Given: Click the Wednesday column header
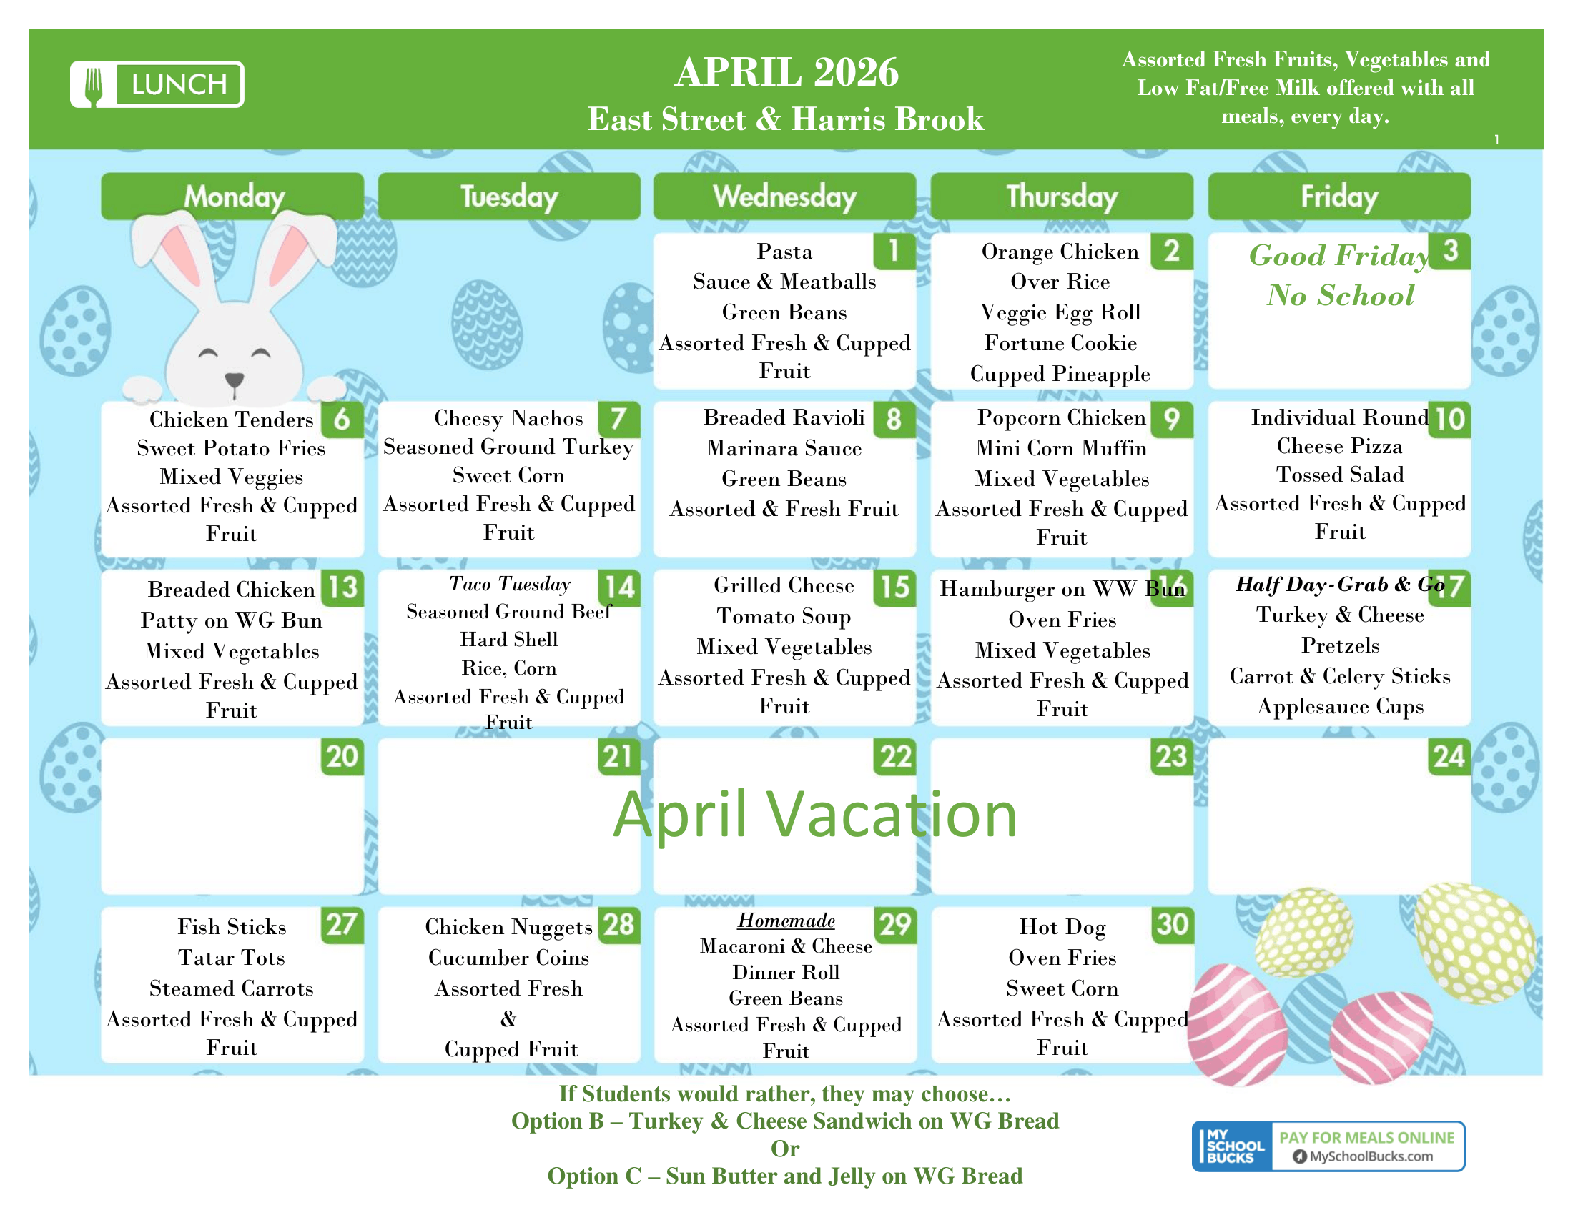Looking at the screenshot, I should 784,196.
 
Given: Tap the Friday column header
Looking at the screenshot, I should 1339,196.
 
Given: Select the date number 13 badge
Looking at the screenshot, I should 342,587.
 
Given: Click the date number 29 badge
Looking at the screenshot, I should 895,924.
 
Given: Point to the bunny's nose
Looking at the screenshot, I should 234,379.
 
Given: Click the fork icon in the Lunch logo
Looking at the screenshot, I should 94,85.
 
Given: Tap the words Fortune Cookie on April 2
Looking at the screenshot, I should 1060,342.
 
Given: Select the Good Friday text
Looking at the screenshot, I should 1339,256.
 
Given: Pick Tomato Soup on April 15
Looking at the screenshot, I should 784,616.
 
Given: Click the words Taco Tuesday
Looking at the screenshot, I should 509,584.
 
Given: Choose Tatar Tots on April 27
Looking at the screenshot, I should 231,957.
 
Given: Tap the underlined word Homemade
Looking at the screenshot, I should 786,921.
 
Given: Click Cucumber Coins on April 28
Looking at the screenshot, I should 508,957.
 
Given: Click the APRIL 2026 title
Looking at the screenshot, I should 786,72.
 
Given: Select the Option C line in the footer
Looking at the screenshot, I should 784,1176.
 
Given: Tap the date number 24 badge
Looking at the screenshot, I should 1449,756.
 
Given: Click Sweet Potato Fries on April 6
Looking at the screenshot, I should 231,447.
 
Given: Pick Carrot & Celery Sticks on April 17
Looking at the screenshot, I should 1340,676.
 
